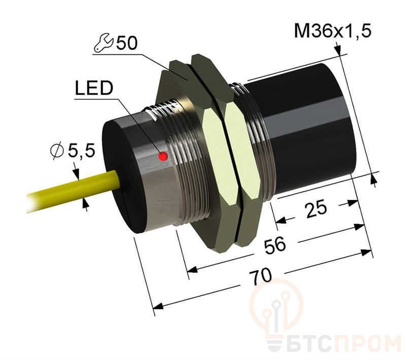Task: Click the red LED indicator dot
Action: point(163,157)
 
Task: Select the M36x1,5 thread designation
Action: point(333,31)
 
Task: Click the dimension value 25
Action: point(315,208)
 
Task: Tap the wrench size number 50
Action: point(126,44)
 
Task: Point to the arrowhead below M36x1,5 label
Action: point(338,50)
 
